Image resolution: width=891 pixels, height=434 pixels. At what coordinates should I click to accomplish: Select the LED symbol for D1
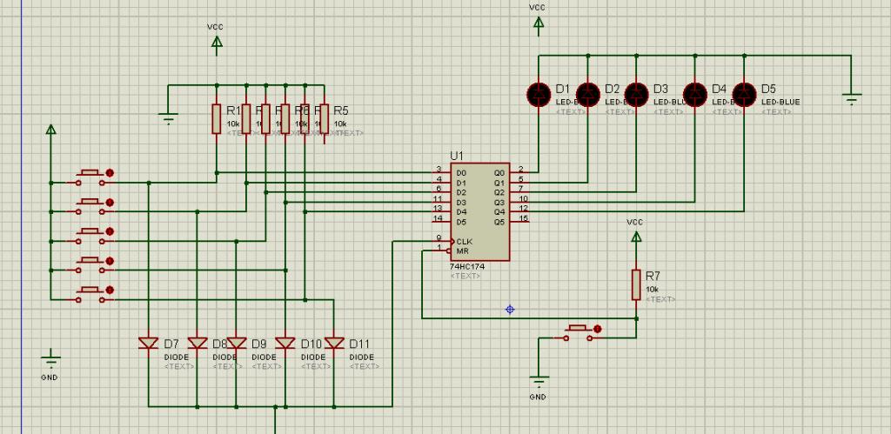(539, 91)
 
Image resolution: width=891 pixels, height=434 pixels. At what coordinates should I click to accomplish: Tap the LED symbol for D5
(744, 91)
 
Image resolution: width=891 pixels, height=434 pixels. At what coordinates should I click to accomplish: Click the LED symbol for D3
(638, 91)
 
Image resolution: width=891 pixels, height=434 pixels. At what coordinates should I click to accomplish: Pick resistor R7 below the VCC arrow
(636, 285)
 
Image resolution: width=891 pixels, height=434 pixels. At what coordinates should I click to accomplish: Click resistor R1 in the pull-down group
(217, 118)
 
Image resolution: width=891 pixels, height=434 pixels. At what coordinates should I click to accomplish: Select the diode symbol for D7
(149, 344)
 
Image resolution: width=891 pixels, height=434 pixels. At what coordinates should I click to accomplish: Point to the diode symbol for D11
(333, 344)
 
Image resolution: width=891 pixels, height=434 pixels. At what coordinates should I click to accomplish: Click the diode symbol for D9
(236, 344)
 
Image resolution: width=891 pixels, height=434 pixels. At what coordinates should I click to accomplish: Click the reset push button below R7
(579, 331)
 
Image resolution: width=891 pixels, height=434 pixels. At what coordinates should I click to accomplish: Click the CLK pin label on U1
(465, 241)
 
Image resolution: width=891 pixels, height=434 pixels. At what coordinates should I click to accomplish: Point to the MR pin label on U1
(462, 250)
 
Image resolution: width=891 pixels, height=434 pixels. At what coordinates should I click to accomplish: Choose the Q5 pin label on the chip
(499, 222)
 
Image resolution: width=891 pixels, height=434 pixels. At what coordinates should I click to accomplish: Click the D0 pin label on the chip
(461, 173)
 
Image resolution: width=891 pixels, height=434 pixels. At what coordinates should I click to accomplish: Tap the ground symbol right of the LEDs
(852, 98)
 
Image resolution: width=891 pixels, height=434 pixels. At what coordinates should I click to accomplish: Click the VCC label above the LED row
(538, 8)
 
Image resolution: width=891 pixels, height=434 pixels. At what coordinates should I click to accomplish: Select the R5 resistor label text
(340, 110)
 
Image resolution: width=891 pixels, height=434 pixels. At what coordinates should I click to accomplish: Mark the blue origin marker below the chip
(510, 309)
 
